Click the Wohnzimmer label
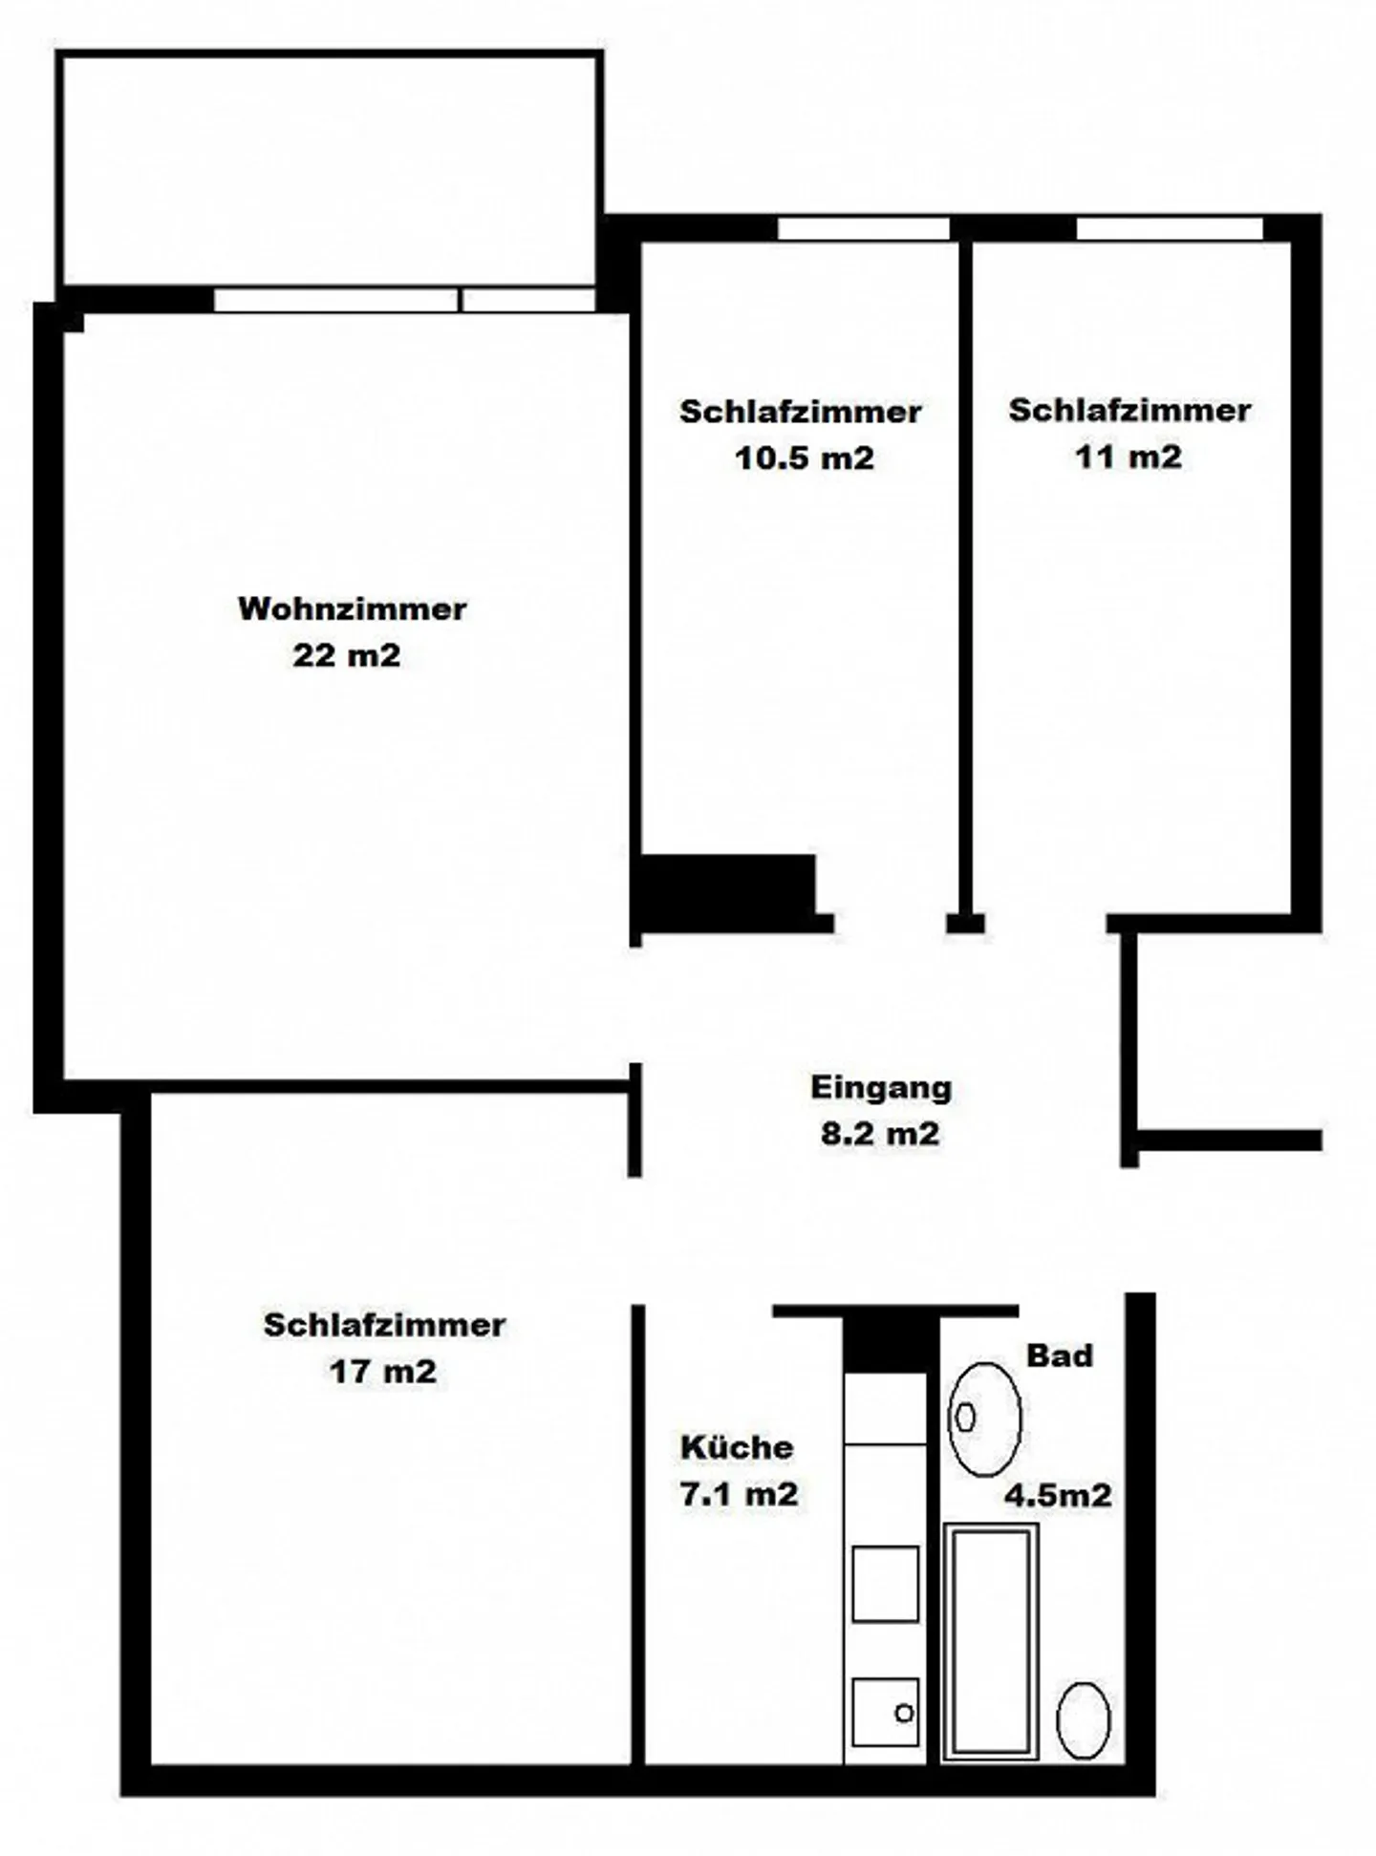click(352, 608)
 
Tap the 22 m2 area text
click(346, 655)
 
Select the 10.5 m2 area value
click(804, 458)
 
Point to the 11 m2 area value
click(1128, 456)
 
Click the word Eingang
click(881, 1087)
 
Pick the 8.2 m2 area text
click(880, 1133)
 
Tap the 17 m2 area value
click(382, 1372)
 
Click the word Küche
click(736, 1446)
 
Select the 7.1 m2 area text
click(739, 1492)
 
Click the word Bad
click(1059, 1355)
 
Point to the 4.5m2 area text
click(1058, 1494)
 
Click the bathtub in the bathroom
click(990, 1640)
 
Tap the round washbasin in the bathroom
click(984, 1419)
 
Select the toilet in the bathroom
click(1083, 1719)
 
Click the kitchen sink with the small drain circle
click(885, 1712)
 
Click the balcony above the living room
click(330, 169)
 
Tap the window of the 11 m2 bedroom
click(1169, 229)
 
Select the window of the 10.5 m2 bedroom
click(863, 229)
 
